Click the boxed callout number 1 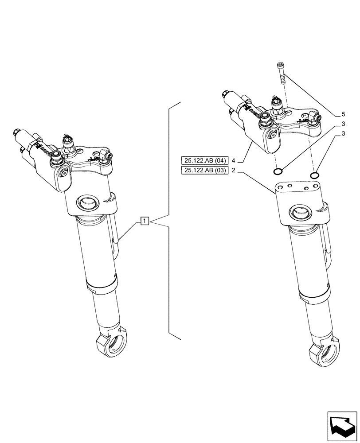click(x=145, y=220)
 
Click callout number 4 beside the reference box click(x=232, y=160)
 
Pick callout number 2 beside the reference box click(x=232, y=171)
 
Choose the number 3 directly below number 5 click(x=344, y=124)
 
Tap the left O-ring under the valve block click(x=278, y=171)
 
